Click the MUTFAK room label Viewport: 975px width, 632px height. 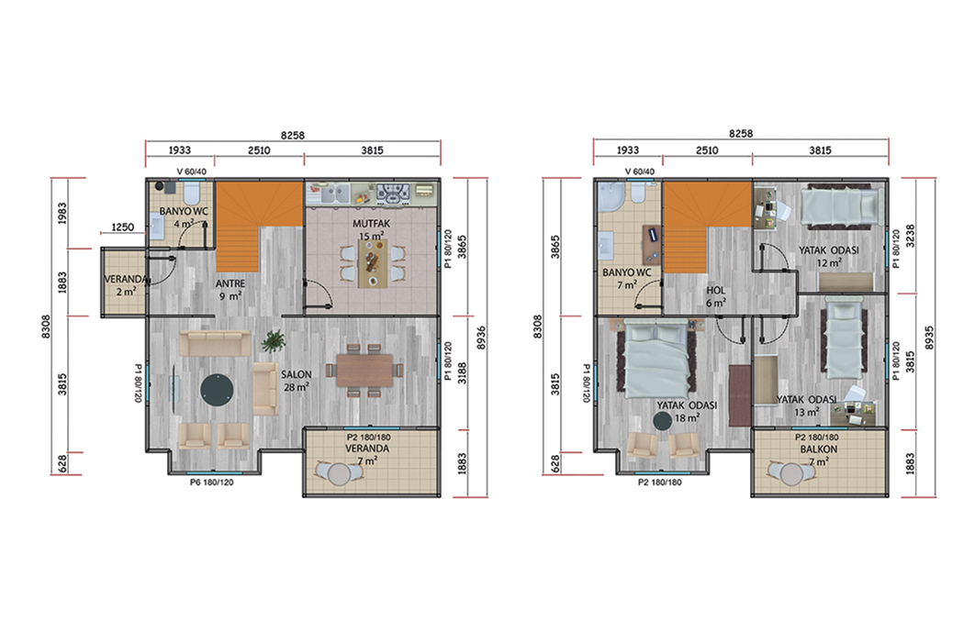[x=371, y=224]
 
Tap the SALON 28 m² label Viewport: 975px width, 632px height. [x=296, y=381]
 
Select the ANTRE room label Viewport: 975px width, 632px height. [x=230, y=284]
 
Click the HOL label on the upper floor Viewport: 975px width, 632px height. [x=716, y=290]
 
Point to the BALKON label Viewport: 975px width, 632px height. [x=818, y=449]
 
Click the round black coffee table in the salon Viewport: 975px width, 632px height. [x=217, y=390]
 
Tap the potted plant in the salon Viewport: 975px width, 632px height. [x=273, y=340]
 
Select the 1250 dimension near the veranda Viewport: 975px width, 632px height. [x=122, y=227]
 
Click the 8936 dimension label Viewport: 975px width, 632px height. [x=480, y=338]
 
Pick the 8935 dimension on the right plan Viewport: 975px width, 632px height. [x=929, y=338]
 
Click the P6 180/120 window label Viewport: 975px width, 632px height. [x=211, y=482]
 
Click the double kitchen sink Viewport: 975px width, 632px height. [x=333, y=194]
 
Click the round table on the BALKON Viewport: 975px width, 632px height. [x=791, y=474]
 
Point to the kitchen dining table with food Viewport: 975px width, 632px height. [x=373, y=263]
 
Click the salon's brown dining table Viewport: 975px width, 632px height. [x=365, y=370]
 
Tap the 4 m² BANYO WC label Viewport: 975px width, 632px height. [x=184, y=216]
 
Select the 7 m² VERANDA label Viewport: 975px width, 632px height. [x=367, y=454]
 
